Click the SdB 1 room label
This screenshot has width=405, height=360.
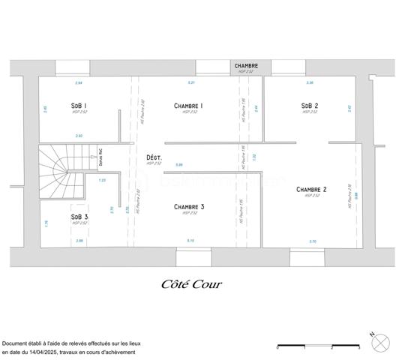coord(79,106)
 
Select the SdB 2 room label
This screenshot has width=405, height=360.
coord(310,106)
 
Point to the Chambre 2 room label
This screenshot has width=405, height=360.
coord(310,189)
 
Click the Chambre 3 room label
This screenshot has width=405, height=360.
coord(189,206)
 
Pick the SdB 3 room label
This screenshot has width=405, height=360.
coord(79,217)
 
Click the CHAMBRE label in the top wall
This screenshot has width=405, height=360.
coord(246,66)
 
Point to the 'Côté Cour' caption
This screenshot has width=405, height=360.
coord(191,284)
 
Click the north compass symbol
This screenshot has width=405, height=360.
coord(381,341)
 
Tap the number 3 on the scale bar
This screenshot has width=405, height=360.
coord(358,348)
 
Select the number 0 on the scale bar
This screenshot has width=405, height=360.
coord(277,348)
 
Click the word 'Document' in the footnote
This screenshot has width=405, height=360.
coord(18,342)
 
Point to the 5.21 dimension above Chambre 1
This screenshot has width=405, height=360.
coord(191,82)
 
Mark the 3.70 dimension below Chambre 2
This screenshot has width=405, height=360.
coord(312,241)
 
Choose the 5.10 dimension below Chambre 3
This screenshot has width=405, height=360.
coord(190,241)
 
